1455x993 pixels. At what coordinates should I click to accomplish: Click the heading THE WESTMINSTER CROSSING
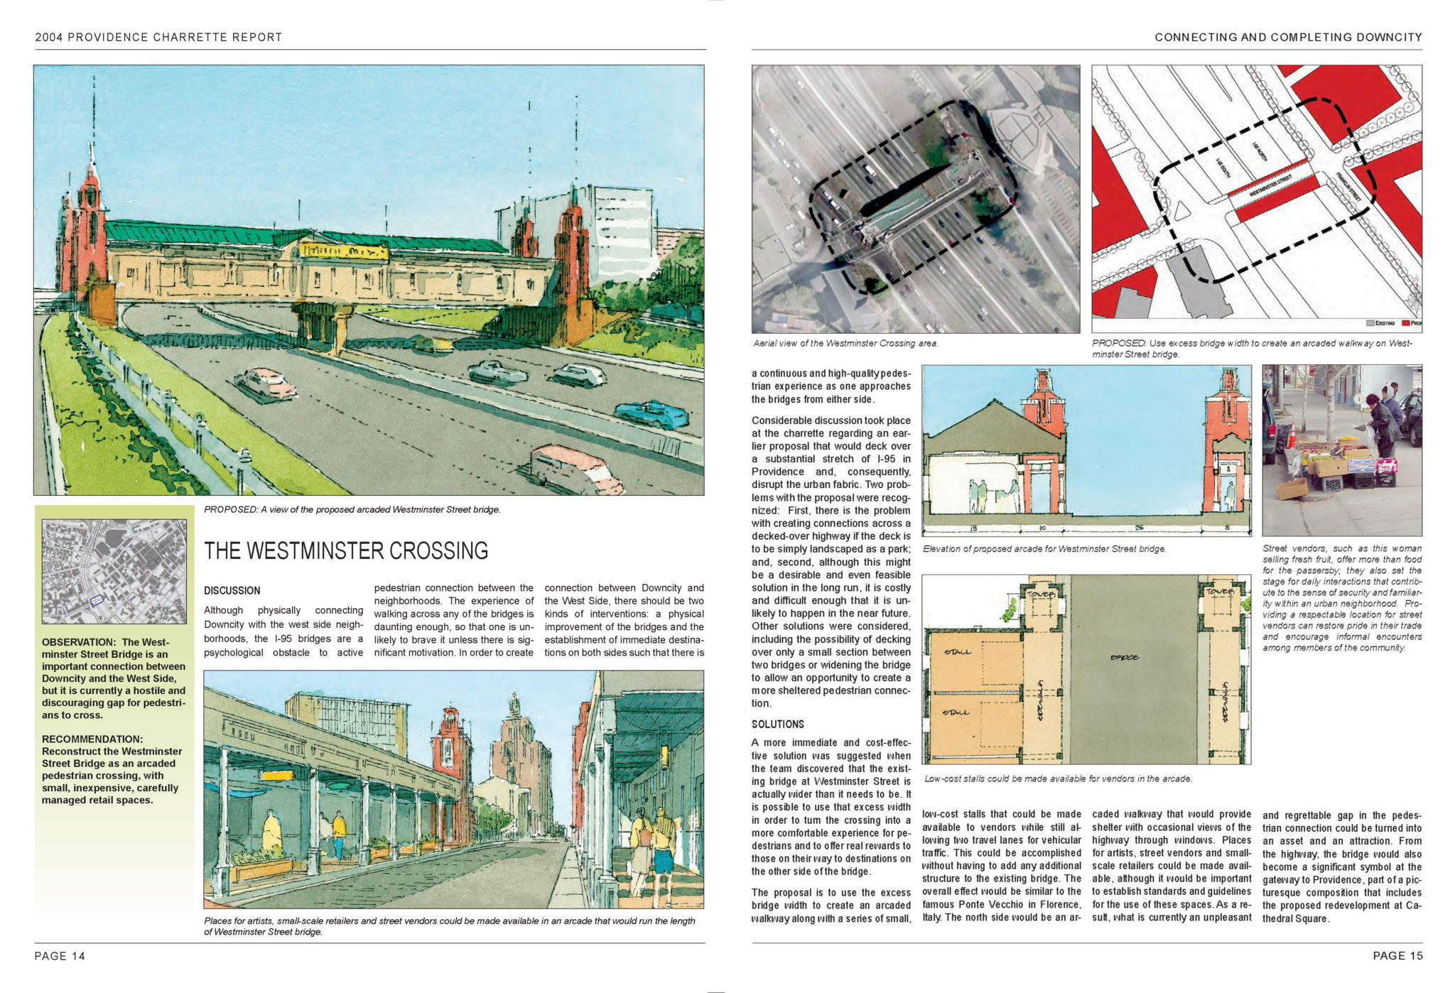click(x=346, y=551)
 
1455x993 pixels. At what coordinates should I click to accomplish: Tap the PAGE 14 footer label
click(x=60, y=956)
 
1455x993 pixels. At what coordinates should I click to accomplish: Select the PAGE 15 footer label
click(x=1397, y=956)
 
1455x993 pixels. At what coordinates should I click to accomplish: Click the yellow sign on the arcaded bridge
click(x=344, y=251)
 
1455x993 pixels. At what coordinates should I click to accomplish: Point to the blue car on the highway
click(x=651, y=414)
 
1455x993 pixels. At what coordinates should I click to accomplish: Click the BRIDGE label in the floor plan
click(x=1125, y=658)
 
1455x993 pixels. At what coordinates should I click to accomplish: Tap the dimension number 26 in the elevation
click(x=1139, y=528)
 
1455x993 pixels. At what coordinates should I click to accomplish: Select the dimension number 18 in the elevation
click(x=973, y=528)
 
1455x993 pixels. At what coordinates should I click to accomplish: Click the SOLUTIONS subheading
click(x=778, y=725)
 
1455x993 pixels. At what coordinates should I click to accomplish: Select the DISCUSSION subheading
click(x=232, y=591)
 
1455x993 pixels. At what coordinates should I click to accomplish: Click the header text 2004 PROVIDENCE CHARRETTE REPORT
click(x=158, y=38)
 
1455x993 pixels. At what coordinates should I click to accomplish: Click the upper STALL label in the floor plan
click(x=958, y=652)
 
